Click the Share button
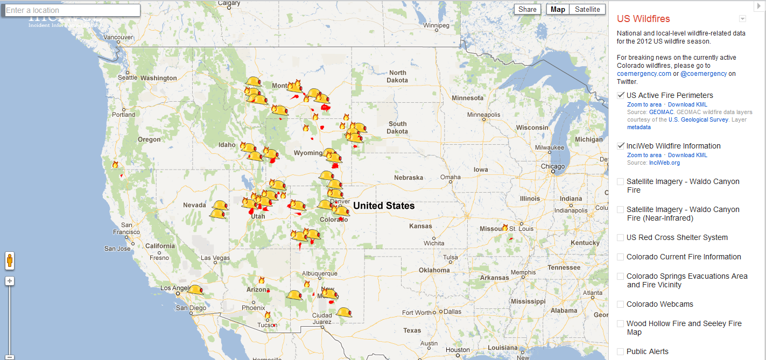(x=527, y=9)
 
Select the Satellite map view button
(x=587, y=9)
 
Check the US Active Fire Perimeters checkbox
(x=621, y=95)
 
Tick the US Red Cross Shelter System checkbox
(x=621, y=237)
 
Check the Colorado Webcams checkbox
(x=621, y=304)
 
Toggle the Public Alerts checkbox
(x=621, y=351)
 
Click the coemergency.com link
(x=644, y=74)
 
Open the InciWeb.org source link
(x=664, y=163)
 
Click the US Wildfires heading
(x=643, y=19)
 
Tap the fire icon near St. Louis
(x=505, y=228)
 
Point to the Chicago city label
(x=553, y=166)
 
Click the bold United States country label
(x=384, y=206)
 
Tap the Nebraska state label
(x=408, y=178)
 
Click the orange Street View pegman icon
(x=10, y=261)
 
